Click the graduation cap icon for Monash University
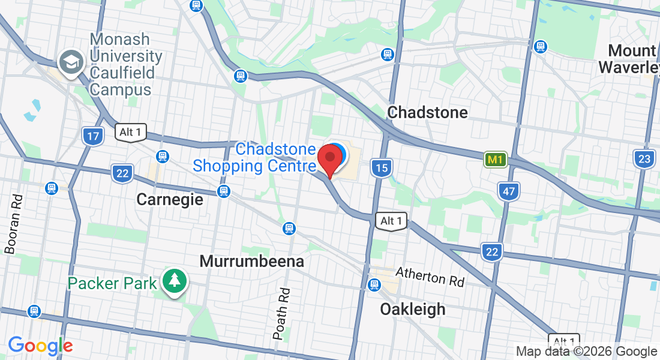(x=71, y=62)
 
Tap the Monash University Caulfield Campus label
(x=126, y=65)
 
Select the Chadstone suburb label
(x=427, y=112)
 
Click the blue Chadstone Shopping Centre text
(x=254, y=157)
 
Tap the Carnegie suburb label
(x=170, y=199)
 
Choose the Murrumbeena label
(x=251, y=262)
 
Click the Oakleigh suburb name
(x=413, y=309)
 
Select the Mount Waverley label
(x=630, y=58)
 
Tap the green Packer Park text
(x=112, y=283)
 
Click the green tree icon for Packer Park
(x=175, y=281)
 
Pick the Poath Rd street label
(x=282, y=314)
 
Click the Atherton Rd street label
(x=430, y=277)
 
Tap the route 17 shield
(x=93, y=136)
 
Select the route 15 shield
(x=382, y=167)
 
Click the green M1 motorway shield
(x=495, y=160)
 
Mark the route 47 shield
(x=508, y=191)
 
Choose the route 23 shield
(x=644, y=159)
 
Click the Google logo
(x=40, y=346)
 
